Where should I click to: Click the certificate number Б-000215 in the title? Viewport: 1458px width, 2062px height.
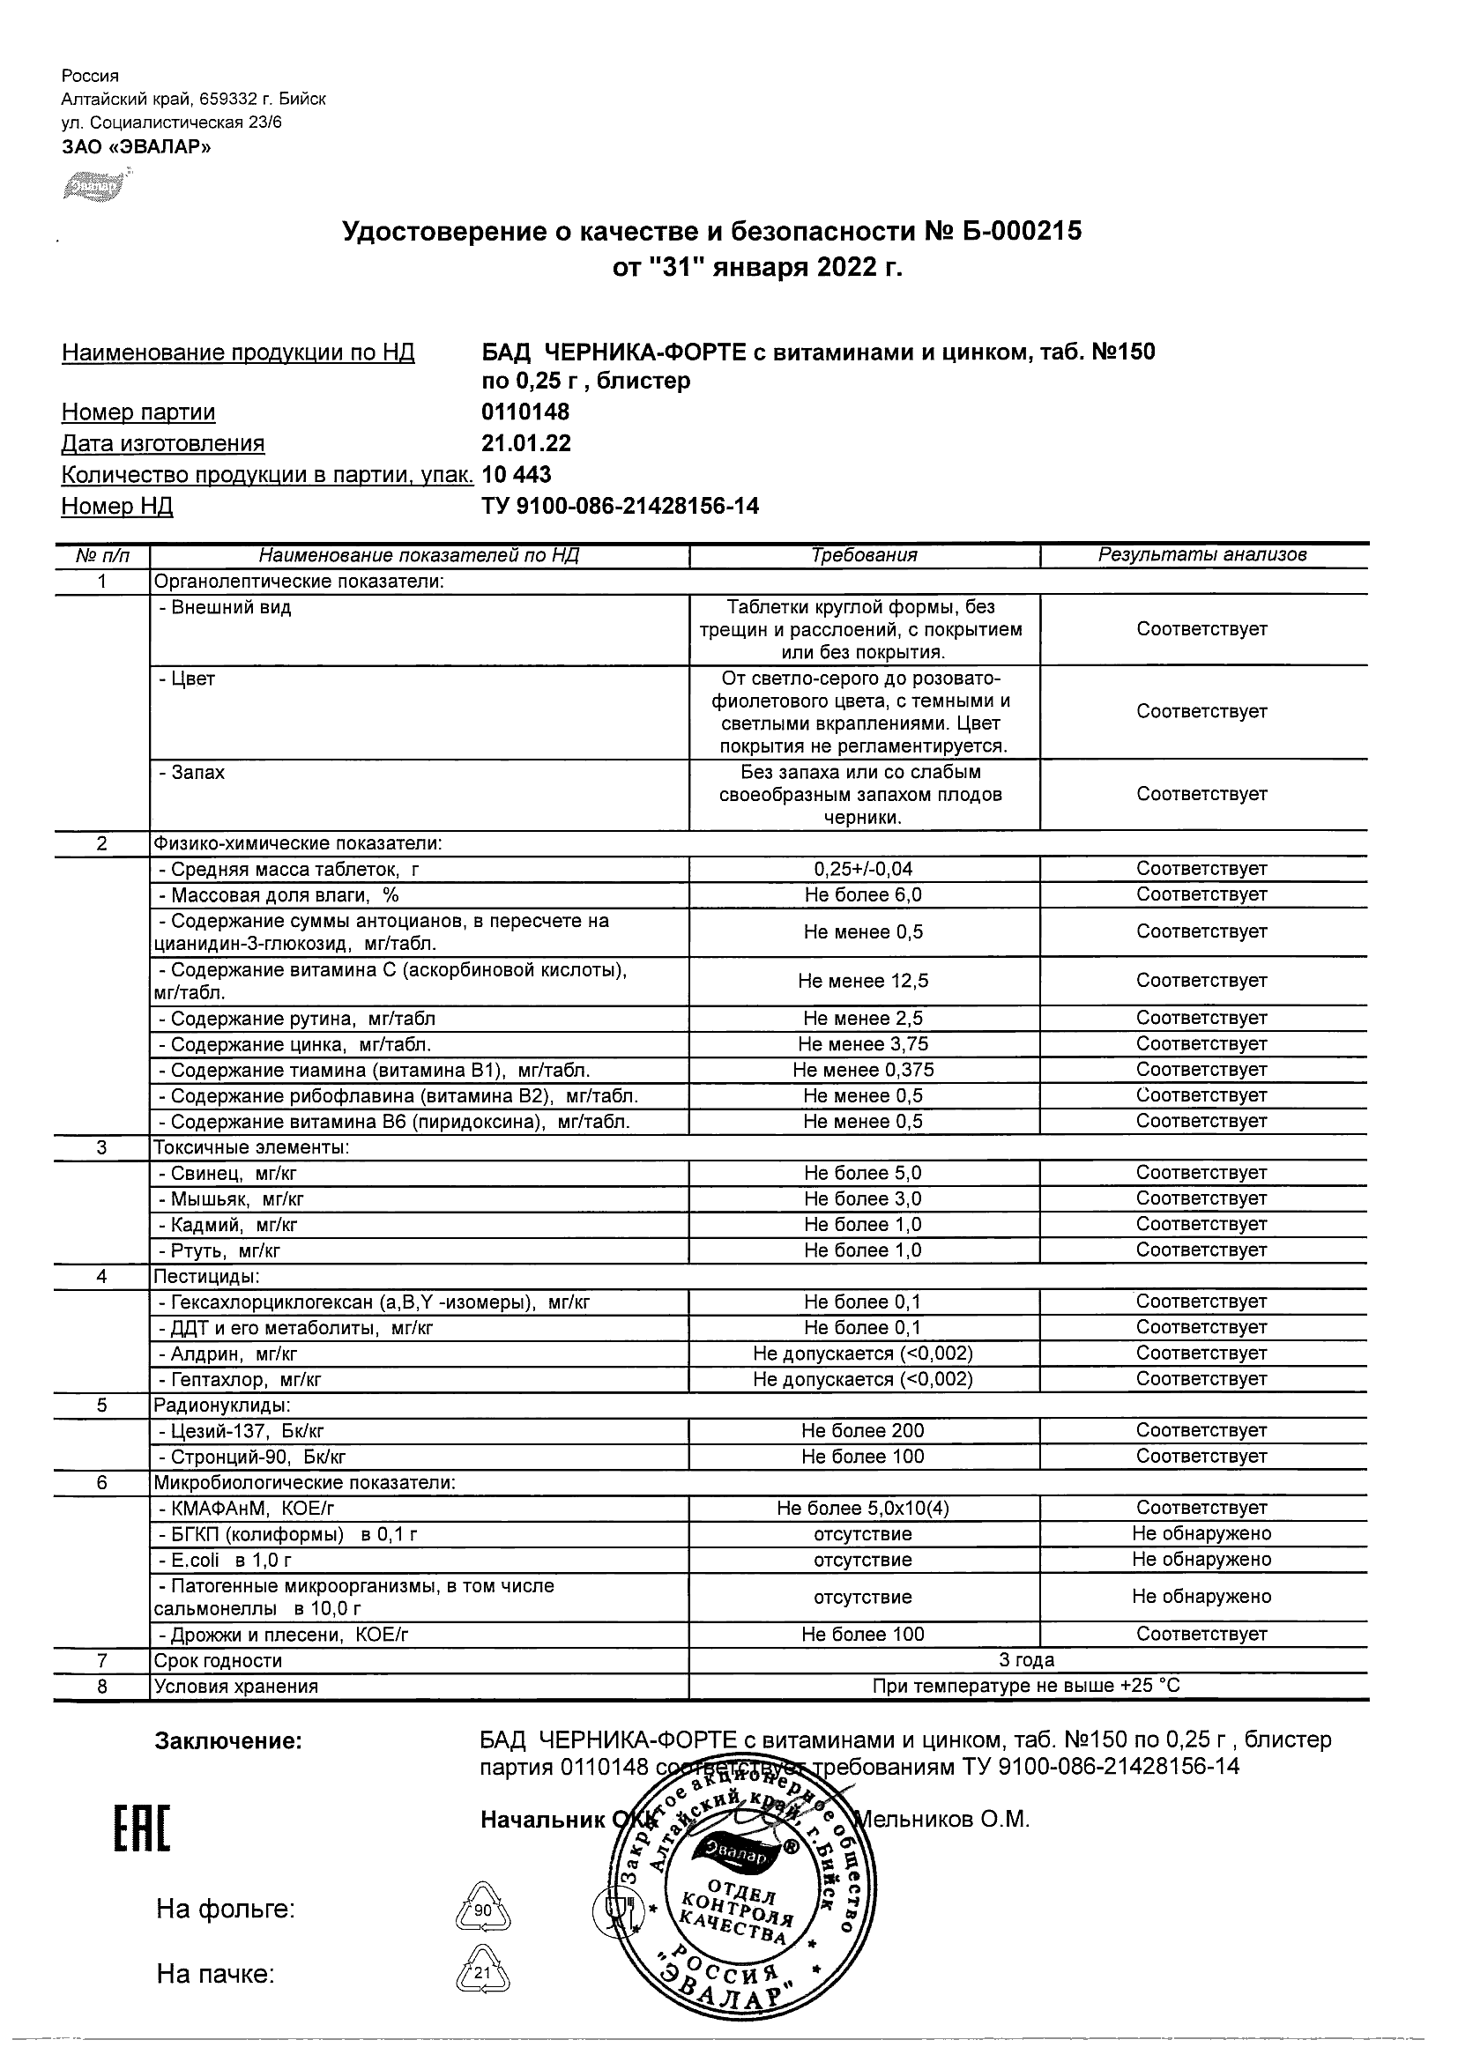1023,233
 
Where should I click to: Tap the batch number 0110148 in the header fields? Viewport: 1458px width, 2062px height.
525,412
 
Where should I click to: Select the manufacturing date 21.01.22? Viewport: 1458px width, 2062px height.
526,443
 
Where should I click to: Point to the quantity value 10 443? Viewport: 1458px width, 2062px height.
517,475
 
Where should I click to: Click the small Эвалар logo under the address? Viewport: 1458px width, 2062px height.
91,186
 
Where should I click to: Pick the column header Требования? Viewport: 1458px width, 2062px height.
864,556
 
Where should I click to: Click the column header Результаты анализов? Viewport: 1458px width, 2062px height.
1202,556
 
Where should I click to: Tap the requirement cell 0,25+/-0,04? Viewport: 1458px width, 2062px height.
863,870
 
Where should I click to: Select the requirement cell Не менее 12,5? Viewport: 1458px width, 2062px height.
863,982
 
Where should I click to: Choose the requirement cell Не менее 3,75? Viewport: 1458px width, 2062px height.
863,1044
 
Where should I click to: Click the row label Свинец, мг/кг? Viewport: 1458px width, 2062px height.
227,1174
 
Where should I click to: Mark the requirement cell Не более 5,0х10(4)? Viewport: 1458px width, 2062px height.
863,1509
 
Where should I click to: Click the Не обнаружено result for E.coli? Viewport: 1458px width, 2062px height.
1202,1560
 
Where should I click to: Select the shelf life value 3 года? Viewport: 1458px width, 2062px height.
1027,1660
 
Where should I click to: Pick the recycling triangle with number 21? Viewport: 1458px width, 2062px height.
483,1973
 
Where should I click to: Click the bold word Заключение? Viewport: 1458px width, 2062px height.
229,1742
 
